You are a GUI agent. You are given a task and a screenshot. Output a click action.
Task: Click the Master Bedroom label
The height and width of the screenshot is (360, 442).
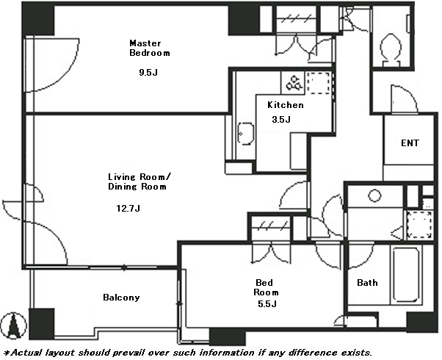coord(149,48)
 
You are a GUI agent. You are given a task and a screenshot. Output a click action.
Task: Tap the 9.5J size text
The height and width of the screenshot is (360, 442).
coord(148,73)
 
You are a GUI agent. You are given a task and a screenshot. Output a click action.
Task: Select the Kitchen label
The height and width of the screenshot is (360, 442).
coord(286,105)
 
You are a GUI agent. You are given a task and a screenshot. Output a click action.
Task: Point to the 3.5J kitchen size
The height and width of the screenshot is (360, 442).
coord(281,119)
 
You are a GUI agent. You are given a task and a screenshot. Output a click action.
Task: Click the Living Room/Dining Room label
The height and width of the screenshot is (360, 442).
coord(140,181)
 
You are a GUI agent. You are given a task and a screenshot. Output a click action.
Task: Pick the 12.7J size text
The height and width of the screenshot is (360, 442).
coord(128,209)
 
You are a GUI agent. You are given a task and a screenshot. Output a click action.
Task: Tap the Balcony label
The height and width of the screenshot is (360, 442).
coord(121,298)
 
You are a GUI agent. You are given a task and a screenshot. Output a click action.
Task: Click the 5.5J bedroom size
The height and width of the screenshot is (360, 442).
coord(267,304)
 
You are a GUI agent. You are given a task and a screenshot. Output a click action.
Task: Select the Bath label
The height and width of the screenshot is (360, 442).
coord(367,283)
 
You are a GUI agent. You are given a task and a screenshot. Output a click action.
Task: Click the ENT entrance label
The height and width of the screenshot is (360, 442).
coord(410,143)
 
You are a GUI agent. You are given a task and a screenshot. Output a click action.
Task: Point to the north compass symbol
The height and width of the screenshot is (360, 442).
coord(13,325)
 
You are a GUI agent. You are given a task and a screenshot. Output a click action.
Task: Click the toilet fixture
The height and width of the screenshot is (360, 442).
coord(391,50)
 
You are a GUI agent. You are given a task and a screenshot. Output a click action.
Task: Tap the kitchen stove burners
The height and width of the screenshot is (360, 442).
coord(294,83)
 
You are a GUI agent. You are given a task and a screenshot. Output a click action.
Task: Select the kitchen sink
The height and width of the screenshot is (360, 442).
coord(245,134)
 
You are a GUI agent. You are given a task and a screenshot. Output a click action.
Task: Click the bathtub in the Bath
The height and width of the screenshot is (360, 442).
coord(406,275)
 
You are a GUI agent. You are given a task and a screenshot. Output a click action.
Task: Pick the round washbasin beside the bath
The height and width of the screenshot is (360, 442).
coord(374,195)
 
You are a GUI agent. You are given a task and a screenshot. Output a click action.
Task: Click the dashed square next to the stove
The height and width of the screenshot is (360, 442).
coord(318,83)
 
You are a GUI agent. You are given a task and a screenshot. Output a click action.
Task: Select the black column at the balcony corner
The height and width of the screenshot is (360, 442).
coord(41,324)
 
